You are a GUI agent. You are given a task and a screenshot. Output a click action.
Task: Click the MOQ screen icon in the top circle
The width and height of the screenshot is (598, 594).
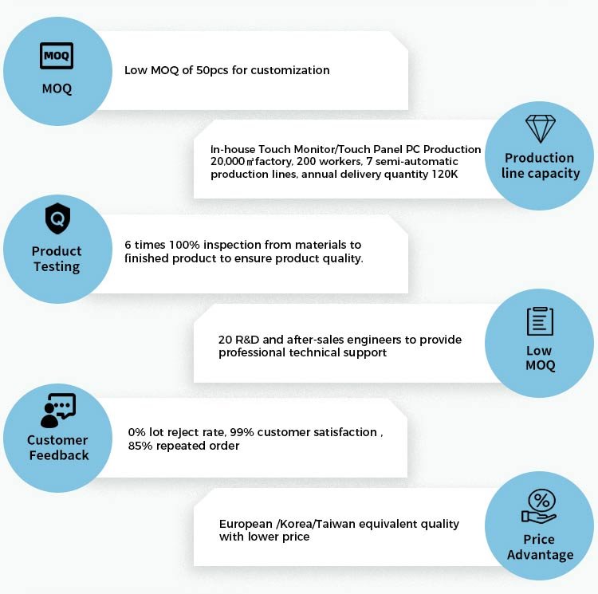click(x=57, y=56)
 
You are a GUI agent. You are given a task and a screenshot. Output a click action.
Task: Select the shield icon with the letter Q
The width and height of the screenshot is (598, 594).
click(x=57, y=218)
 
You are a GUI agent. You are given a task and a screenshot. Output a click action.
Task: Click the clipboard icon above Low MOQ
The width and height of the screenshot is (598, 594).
click(x=540, y=321)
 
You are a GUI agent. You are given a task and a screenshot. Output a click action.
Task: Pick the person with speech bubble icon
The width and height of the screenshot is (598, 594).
click(x=58, y=411)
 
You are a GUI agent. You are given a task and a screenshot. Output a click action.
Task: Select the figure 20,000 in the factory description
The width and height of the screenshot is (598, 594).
click(x=227, y=161)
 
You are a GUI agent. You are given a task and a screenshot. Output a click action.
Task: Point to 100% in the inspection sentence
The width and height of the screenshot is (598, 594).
click(x=184, y=245)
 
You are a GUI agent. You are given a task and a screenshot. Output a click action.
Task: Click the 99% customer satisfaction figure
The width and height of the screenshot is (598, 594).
click(x=242, y=432)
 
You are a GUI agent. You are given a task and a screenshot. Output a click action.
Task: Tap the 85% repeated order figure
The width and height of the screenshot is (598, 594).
click(x=140, y=446)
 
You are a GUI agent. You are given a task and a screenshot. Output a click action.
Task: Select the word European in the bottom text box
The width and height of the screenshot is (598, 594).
click(x=246, y=525)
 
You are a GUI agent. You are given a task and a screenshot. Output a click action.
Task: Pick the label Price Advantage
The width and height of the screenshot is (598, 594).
click(x=540, y=547)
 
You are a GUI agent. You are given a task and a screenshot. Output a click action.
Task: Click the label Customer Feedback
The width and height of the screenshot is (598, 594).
click(x=58, y=447)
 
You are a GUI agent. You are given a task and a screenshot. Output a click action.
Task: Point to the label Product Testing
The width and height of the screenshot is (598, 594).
click(x=57, y=259)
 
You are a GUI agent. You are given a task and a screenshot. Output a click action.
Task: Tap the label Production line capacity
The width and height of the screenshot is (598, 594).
click(x=541, y=166)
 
